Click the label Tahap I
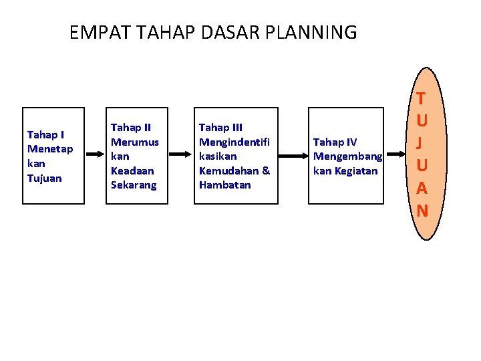click(x=45, y=134)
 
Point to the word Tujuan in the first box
click(x=44, y=178)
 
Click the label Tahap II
click(x=131, y=126)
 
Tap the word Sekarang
click(x=134, y=185)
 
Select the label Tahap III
click(x=221, y=126)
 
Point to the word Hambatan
click(x=224, y=185)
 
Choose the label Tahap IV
click(x=335, y=142)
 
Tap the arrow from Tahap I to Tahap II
click(x=95, y=154)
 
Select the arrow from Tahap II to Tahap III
click(x=180, y=154)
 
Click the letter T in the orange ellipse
click(x=422, y=100)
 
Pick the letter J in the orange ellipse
click(x=422, y=144)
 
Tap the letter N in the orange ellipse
click(x=422, y=211)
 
